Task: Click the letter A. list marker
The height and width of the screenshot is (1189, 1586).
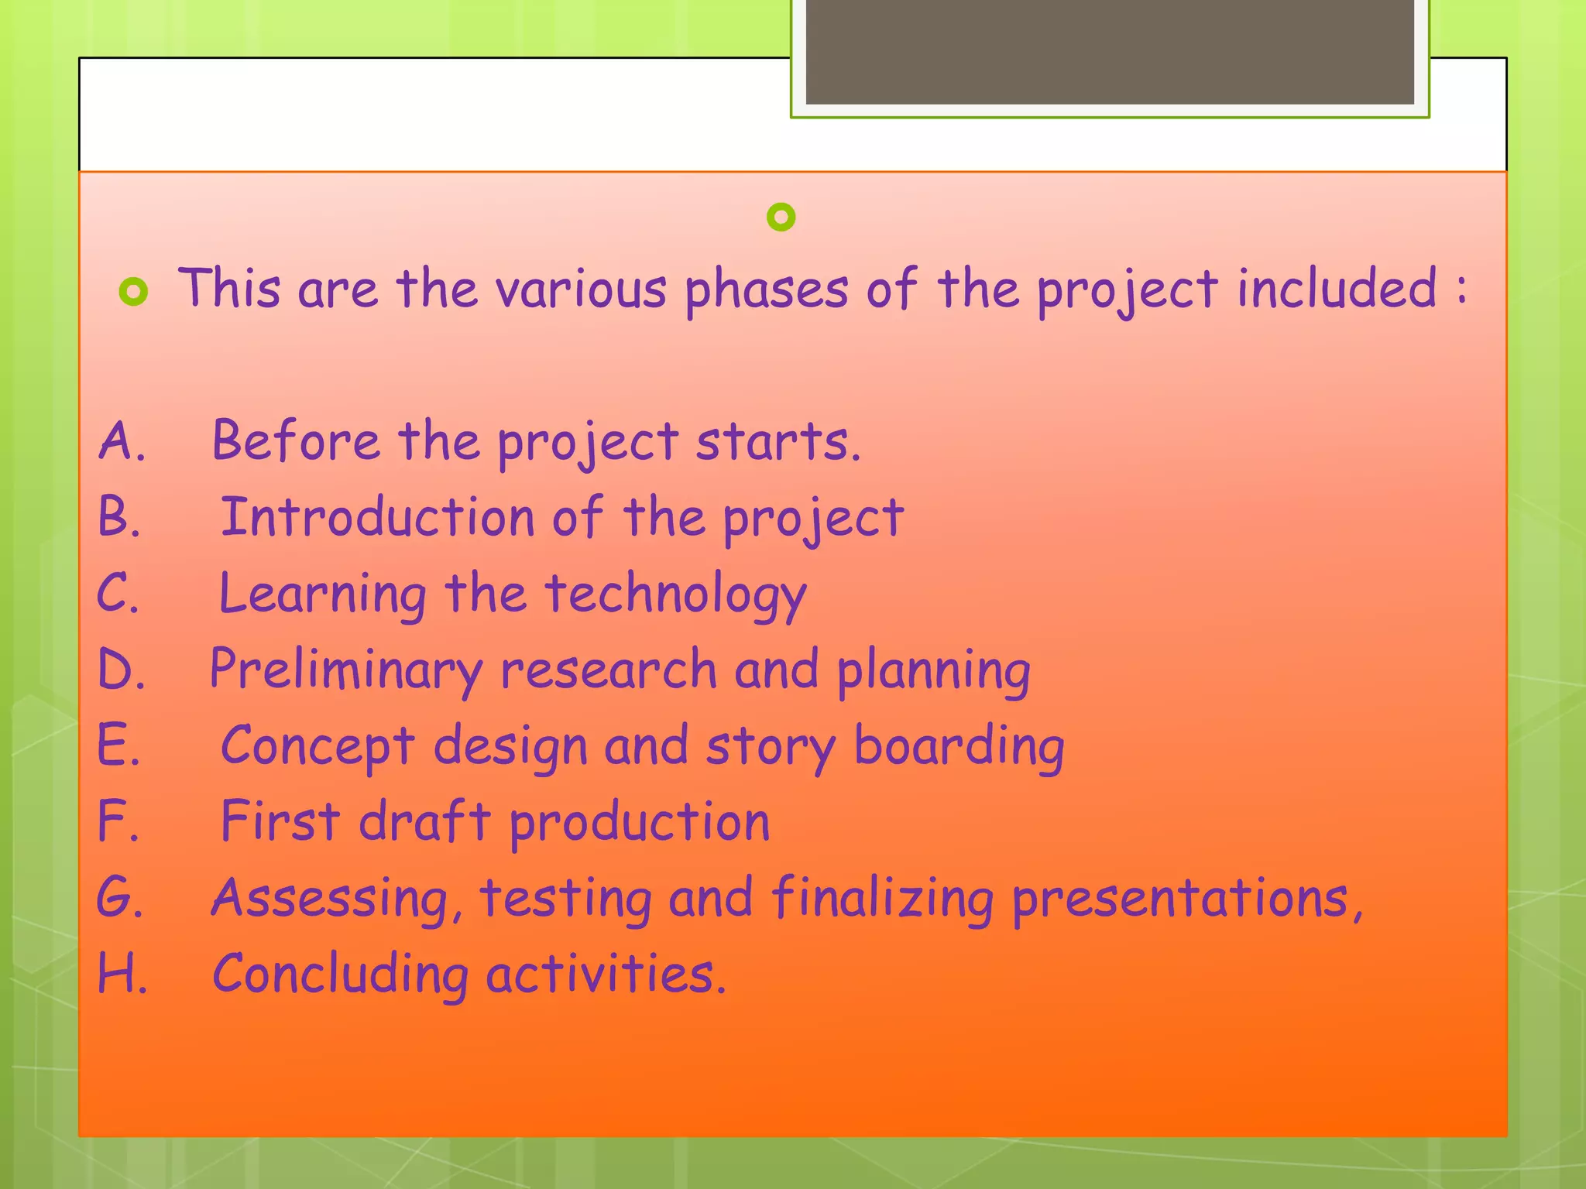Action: click(x=121, y=441)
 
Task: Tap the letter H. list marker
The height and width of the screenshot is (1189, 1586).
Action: click(x=122, y=974)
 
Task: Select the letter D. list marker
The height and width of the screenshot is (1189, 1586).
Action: click(x=121, y=670)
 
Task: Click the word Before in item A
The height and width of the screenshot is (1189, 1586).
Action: click(x=296, y=441)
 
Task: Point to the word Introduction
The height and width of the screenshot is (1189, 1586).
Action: click(x=377, y=517)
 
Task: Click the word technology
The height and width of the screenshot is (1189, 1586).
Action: click(x=675, y=594)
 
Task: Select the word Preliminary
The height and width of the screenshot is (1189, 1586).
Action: click(x=345, y=670)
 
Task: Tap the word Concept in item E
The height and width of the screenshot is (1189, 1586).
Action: click(x=318, y=746)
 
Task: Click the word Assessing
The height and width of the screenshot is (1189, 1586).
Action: click(x=330, y=898)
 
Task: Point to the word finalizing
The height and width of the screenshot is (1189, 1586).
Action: click(x=882, y=898)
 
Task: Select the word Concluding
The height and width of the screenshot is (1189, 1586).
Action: click(x=340, y=974)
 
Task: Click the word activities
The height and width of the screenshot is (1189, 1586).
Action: click(x=606, y=974)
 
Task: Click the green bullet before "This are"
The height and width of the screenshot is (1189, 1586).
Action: click(x=133, y=293)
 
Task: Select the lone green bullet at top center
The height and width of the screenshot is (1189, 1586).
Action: click(x=781, y=217)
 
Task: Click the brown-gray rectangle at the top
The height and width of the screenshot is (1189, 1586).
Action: click(x=1109, y=51)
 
